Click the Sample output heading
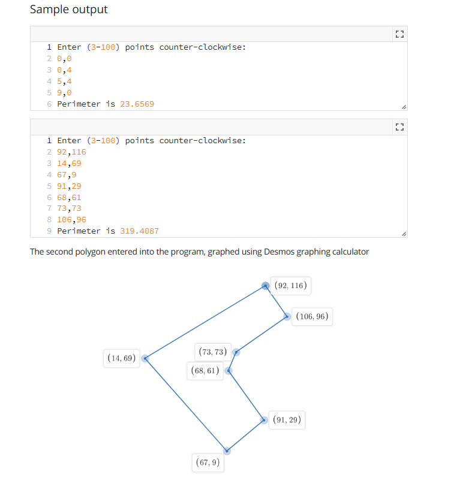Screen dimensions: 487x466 point(68,10)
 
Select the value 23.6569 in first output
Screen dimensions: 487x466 point(137,104)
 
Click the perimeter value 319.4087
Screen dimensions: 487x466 point(140,231)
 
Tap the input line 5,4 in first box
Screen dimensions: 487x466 point(64,81)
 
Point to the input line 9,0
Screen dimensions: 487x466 point(64,92)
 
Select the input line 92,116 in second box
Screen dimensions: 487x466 point(71,152)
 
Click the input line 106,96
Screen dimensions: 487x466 point(71,219)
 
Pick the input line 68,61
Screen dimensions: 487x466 point(69,197)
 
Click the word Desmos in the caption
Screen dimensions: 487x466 point(278,252)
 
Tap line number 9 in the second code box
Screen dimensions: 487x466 point(49,231)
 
